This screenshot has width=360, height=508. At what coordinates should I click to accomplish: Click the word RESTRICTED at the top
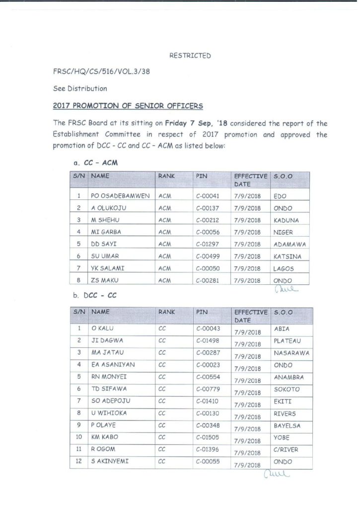[190, 56]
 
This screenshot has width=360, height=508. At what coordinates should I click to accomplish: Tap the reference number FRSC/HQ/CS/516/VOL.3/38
[101, 72]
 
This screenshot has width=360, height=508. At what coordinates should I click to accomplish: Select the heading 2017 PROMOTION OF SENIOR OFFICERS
[128, 106]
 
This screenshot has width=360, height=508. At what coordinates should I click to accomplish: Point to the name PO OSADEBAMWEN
[120, 196]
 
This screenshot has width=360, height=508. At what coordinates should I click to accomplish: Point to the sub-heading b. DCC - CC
[95, 296]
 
